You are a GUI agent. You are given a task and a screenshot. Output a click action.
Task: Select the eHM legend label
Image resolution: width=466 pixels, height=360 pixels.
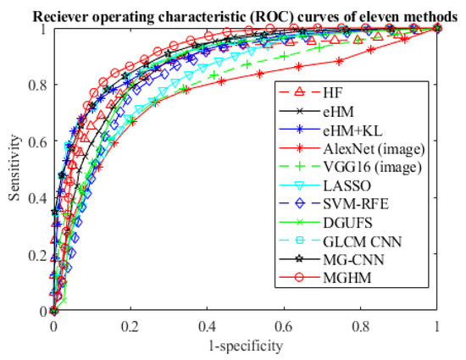341,111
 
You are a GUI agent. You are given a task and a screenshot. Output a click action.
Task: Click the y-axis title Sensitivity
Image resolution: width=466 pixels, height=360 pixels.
14,169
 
